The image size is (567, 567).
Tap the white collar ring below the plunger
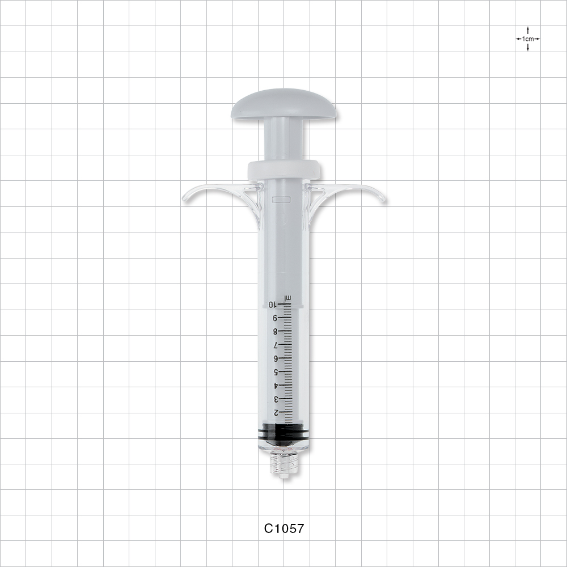283,169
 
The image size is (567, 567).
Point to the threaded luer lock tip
284,464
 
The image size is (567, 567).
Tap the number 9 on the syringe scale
275,318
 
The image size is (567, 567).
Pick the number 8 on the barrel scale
275,332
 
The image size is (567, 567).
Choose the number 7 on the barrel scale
275,345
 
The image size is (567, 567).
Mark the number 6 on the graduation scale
275,359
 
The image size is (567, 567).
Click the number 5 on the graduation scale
275,373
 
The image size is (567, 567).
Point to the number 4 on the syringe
276,386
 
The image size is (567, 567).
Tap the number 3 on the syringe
276,399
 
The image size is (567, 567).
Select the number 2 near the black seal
276,413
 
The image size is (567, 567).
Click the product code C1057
284,528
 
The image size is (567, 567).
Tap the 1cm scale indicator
528,39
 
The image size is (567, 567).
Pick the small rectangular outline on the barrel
281,200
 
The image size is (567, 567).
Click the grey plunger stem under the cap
283,139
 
